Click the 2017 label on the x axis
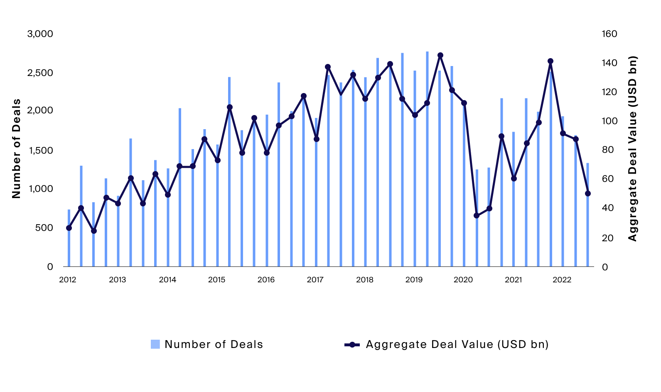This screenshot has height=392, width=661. point(315,280)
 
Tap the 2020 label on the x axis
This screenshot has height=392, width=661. point(463,280)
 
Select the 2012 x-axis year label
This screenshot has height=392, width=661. point(68,280)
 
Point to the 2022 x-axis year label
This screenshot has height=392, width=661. point(562,280)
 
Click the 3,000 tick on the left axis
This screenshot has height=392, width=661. point(40,34)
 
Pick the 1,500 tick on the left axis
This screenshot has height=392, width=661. point(40,150)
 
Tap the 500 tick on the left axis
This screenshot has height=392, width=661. point(44,228)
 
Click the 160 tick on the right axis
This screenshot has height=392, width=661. point(609,34)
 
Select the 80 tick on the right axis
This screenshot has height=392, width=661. point(607,149)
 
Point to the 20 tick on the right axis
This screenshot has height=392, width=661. point(607,238)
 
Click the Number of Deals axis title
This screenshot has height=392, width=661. point(16,148)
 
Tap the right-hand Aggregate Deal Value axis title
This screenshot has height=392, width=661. point(632,148)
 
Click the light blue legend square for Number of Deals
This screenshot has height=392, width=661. point(155,344)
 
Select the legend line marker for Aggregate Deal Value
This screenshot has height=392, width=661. point(352,345)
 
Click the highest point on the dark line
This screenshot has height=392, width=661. point(440,55)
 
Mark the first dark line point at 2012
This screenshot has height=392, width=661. point(69,228)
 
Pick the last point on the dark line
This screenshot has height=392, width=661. point(588,194)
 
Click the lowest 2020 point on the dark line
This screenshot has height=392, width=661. point(477,216)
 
